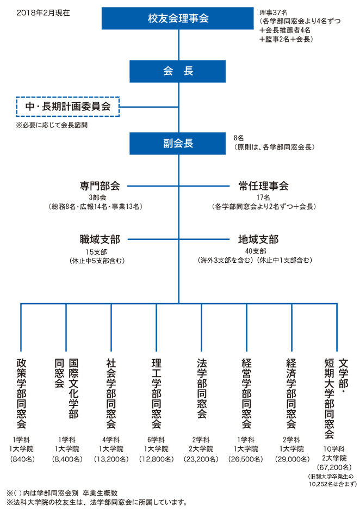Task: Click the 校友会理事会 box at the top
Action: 177,18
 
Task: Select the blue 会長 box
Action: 177,71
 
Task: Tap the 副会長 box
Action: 177,143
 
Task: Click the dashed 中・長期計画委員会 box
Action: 68,107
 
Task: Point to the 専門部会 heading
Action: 100,186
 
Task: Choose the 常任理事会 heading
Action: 263,186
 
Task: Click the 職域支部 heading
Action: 100,239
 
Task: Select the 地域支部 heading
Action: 258,239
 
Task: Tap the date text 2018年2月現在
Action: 43,13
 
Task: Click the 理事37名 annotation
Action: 274,13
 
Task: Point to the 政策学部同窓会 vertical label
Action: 22,393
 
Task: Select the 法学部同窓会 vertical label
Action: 202,388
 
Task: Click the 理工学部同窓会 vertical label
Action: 157,393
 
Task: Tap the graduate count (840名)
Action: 22,459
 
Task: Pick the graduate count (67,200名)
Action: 334,467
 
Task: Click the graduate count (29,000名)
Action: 292,459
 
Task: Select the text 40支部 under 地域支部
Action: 256,251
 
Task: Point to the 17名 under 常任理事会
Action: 263,198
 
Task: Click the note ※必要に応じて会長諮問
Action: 52,125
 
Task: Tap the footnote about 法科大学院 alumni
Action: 97,502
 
